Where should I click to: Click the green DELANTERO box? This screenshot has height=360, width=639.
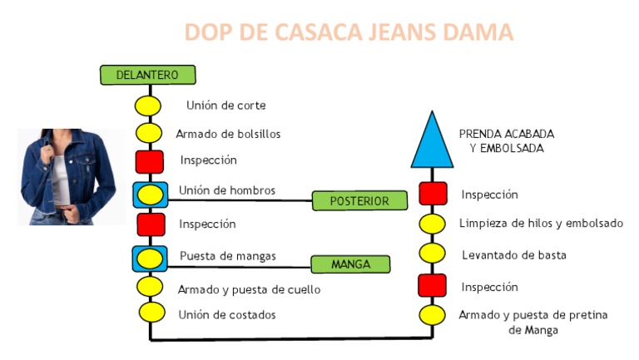tap(147, 75)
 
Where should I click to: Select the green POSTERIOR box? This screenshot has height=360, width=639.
tap(360, 200)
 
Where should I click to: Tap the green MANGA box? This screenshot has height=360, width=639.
tap(350, 264)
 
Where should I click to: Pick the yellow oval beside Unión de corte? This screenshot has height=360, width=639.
tap(149, 106)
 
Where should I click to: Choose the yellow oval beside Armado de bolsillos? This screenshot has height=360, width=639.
tap(149, 133)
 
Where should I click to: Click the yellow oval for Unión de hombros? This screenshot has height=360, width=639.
tap(150, 195)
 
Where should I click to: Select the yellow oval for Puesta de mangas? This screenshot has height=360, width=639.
tap(150, 259)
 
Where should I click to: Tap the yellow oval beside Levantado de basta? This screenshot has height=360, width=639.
tap(433, 254)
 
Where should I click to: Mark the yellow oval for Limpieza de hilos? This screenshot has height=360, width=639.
tap(433, 224)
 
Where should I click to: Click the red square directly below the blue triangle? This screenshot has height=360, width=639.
tap(433, 194)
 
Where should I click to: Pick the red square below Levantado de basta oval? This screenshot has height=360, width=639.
tap(433, 285)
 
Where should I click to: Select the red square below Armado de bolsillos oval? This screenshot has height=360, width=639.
tap(149, 161)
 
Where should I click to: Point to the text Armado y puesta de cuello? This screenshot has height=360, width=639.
tap(249, 289)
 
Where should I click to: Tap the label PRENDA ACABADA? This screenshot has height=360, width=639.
tap(506, 133)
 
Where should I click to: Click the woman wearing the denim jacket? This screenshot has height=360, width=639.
tap(67, 175)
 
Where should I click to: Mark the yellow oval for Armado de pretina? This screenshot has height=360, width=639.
tap(433, 316)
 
